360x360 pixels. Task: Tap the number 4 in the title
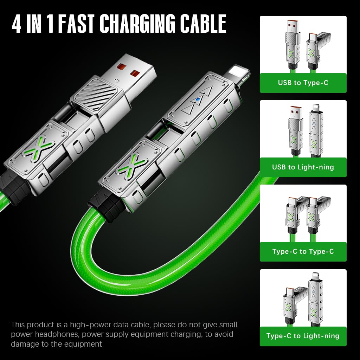tap(17, 24)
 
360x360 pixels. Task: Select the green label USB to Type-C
tap(303, 83)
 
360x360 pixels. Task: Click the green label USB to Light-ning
tap(303, 167)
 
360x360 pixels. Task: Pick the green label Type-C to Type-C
tap(303, 251)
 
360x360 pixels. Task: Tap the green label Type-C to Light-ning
tap(303, 336)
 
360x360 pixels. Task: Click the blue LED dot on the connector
tap(198, 100)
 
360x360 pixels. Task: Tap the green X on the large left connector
tap(39, 147)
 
